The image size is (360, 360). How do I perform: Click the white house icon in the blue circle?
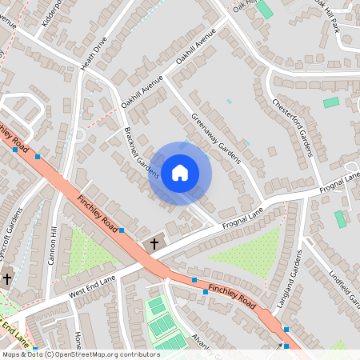(x=180, y=172)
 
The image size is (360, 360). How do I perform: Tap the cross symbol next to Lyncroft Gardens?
(x=8, y=279)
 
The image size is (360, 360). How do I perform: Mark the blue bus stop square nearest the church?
(x=122, y=230)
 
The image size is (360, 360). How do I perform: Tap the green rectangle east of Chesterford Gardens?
(x=330, y=102)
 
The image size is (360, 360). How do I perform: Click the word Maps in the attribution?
(x=11, y=354)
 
